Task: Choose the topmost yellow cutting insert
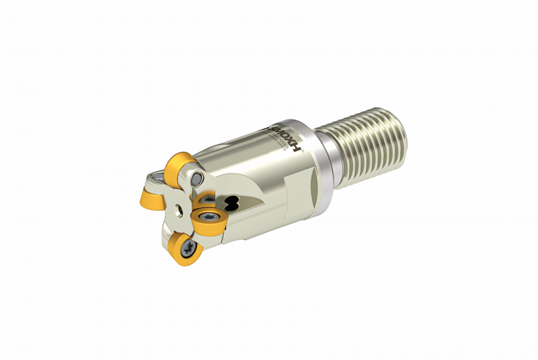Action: (179, 168)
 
